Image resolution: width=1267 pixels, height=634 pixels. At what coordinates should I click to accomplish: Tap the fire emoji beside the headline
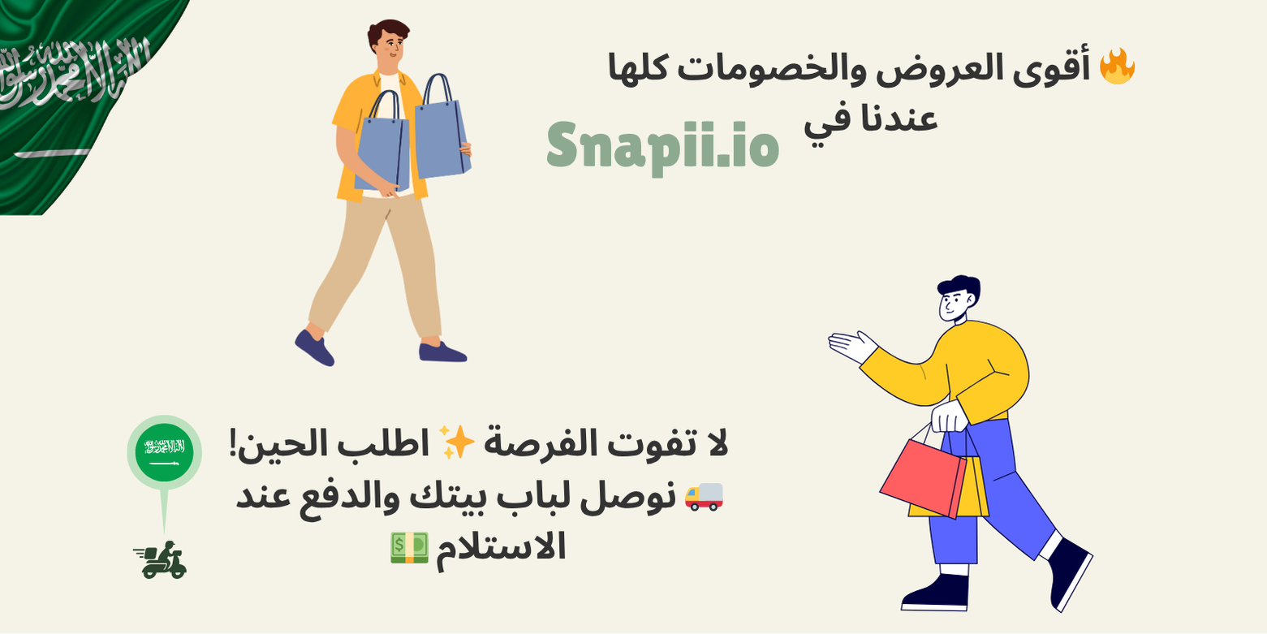click(x=1117, y=67)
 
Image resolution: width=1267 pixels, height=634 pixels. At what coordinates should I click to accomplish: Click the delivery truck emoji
click(x=704, y=497)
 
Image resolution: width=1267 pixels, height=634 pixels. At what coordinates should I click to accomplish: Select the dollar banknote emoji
click(x=410, y=548)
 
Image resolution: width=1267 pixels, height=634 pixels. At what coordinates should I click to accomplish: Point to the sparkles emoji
click(x=456, y=442)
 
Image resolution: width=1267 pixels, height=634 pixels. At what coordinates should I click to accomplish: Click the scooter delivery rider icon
click(x=161, y=560)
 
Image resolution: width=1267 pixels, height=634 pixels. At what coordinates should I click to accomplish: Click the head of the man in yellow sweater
click(x=957, y=299)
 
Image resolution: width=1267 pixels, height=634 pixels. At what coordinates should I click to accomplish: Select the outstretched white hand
click(x=852, y=346)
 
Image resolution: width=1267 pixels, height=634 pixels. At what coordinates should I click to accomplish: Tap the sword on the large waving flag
click(x=52, y=153)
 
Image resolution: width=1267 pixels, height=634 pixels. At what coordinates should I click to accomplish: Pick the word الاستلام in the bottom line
click(x=501, y=547)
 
